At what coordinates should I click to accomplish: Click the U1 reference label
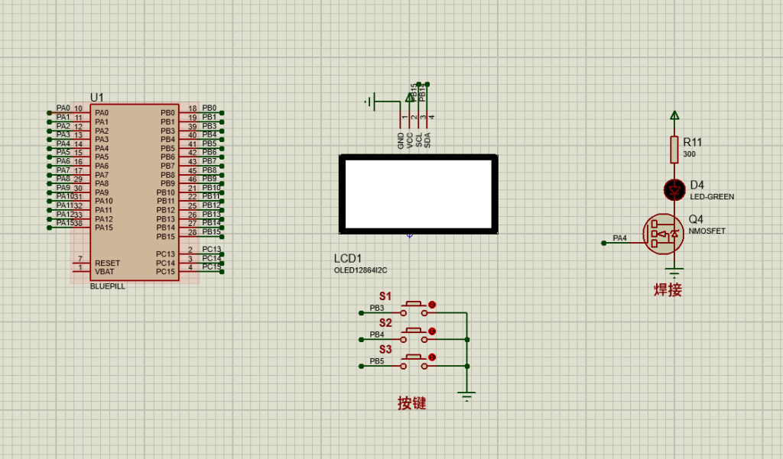(x=96, y=97)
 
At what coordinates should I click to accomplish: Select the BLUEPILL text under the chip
(x=107, y=286)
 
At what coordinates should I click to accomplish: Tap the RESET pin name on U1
(x=107, y=263)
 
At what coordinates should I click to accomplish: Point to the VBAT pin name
(x=105, y=272)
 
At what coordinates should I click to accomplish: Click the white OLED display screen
(x=417, y=193)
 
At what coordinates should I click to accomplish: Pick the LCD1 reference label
(x=347, y=258)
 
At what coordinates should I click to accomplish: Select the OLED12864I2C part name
(x=361, y=270)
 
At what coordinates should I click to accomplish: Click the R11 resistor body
(x=674, y=150)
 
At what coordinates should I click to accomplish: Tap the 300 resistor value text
(x=689, y=154)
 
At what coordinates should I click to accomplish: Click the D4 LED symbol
(x=674, y=188)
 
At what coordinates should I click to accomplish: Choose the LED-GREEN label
(x=711, y=197)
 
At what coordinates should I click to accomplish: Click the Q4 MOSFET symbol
(x=663, y=234)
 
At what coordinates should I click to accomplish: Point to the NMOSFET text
(x=707, y=231)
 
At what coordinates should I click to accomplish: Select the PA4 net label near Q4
(x=619, y=238)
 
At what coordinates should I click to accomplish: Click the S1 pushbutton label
(x=385, y=296)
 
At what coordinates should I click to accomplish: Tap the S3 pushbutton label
(x=385, y=350)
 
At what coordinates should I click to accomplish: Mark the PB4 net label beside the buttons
(x=377, y=335)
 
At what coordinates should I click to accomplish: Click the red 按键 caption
(x=411, y=403)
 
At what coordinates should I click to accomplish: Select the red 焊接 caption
(x=667, y=289)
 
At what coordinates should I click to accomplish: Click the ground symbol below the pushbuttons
(x=466, y=395)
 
